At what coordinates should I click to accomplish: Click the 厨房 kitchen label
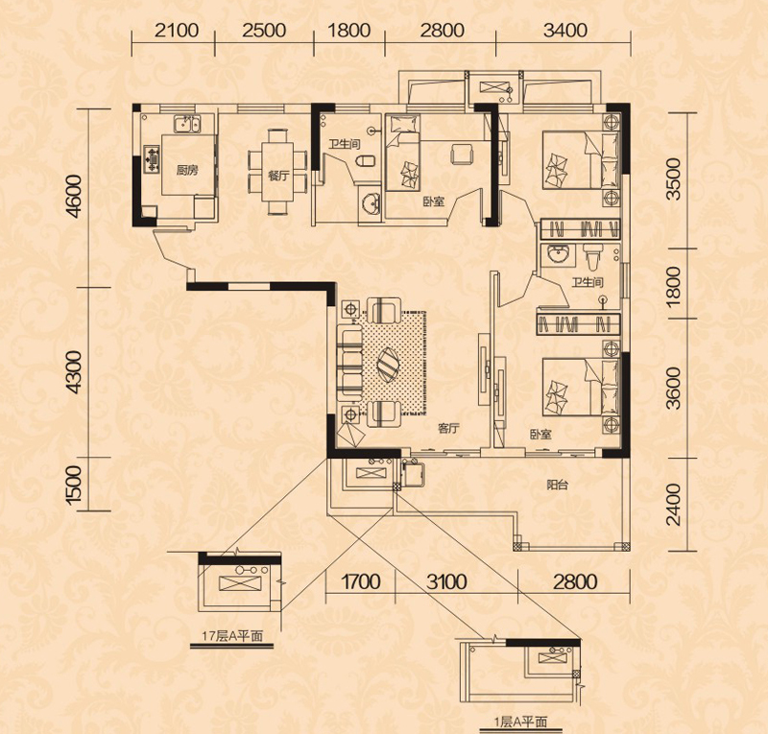[187, 171]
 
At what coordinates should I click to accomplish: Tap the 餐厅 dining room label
[278, 176]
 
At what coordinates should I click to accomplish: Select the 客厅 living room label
[448, 429]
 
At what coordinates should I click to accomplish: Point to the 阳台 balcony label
[558, 485]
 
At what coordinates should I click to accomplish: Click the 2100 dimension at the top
[177, 31]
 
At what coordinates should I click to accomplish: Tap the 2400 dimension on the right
[674, 505]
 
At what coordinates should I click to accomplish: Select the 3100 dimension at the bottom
[446, 581]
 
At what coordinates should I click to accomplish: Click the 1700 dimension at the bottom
[360, 581]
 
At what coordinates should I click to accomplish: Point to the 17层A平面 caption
[232, 636]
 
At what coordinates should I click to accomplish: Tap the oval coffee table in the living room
[391, 365]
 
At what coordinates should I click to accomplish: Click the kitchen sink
[186, 124]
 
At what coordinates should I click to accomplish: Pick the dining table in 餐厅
[277, 171]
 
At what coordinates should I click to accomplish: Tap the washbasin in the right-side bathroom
[558, 255]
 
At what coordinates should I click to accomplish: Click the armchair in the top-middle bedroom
[462, 154]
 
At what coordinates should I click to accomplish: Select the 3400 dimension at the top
[565, 31]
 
